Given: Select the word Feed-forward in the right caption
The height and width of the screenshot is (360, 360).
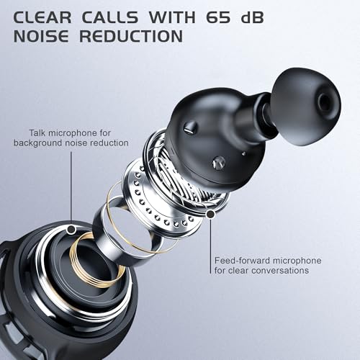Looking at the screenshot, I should click(x=243, y=259).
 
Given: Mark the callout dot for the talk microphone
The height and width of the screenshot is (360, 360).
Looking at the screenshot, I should click(x=71, y=229).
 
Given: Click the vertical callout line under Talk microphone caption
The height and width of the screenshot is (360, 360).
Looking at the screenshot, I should click(x=71, y=187).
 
